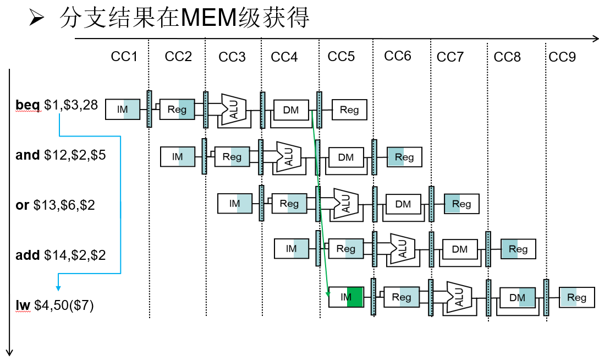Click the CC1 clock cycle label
pos(124,57)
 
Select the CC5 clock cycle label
pos(341,57)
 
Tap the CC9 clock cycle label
pos(562,57)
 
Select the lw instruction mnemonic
pos(23,305)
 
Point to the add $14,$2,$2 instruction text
pos(61,255)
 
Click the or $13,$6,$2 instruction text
pos(55,205)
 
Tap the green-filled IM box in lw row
pos(346,297)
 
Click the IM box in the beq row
pos(123,110)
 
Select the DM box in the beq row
pos(291,110)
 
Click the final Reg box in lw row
pos(576,297)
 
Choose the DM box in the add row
pos(459,249)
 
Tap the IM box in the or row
pos(235,203)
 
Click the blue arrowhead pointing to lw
pos(58,287)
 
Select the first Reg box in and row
pos(232,157)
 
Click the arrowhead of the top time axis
pos(595,39)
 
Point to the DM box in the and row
pos(346,157)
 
